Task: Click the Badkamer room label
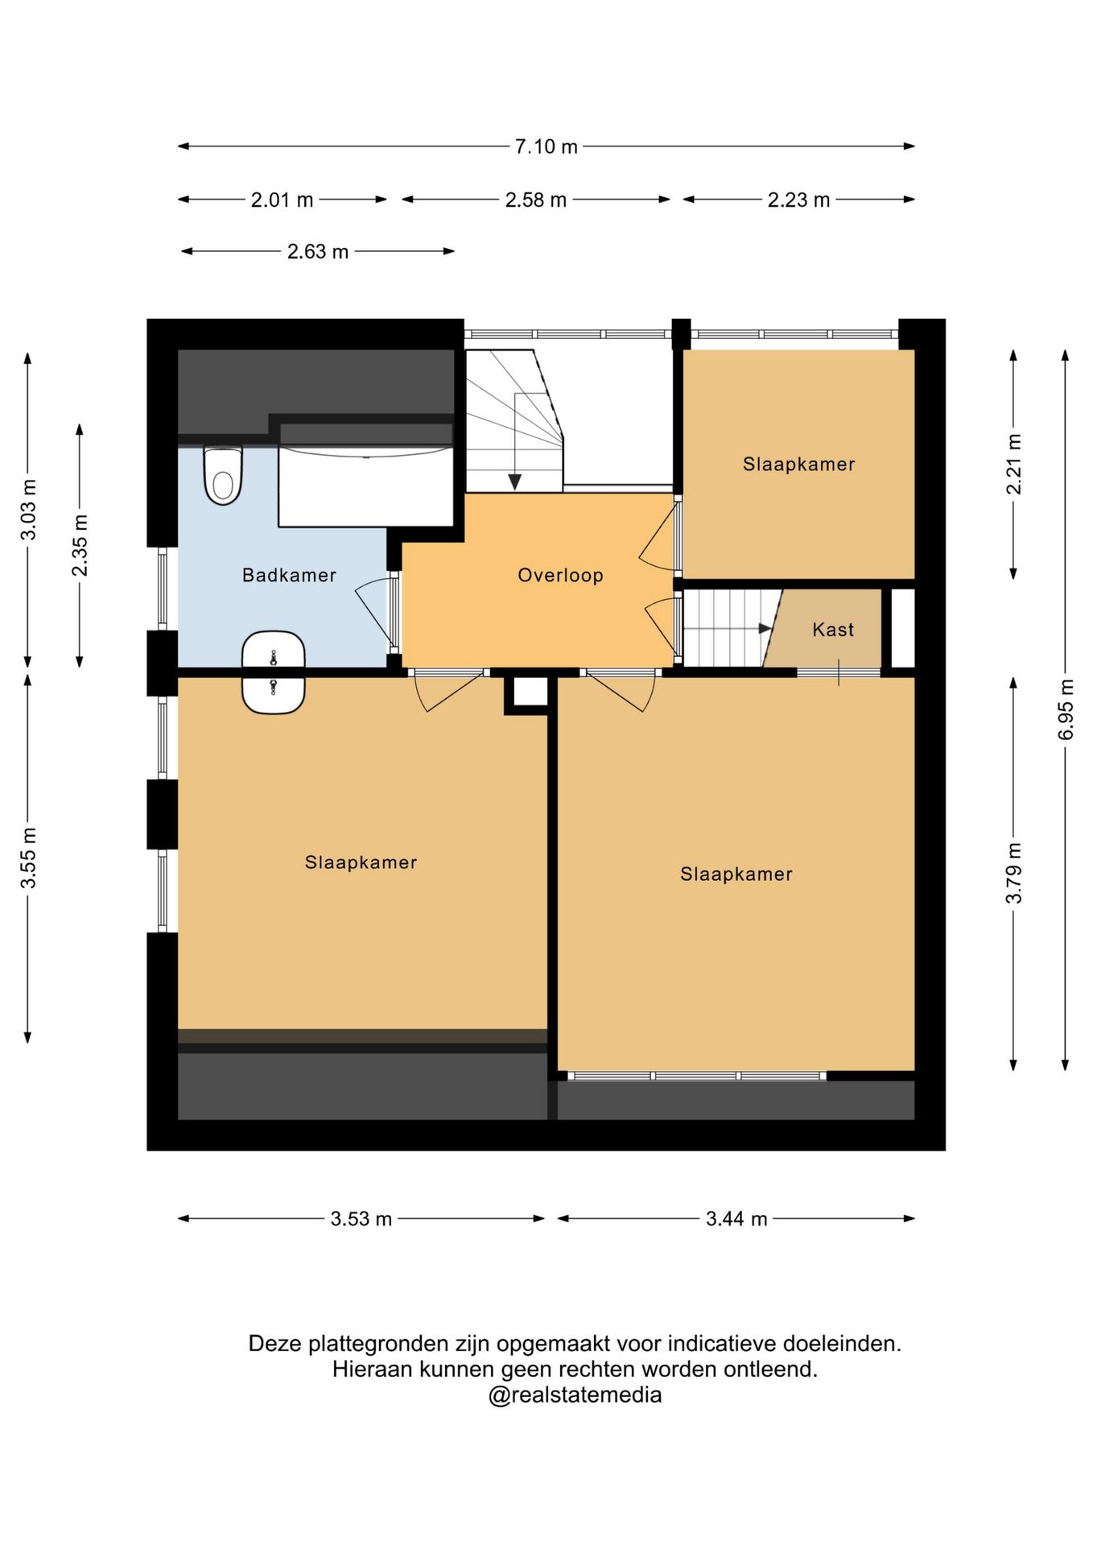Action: (x=289, y=575)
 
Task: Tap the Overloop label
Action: (x=560, y=575)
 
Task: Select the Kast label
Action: (x=833, y=630)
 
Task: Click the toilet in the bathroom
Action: (x=223, y=476)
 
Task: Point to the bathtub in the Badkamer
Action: (x=366, y=486)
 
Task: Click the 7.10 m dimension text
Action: (x=546, y=147)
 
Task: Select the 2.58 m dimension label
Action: (x=536, y=200)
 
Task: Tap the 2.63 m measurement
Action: (x=318, y=252)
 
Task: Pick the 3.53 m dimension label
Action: (x=361, y=1219)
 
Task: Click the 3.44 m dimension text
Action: (x=736, y=1219)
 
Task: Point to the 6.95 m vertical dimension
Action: (x=1066, y=709)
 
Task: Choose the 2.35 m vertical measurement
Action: (x=80, y=545)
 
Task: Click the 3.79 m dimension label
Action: (x=1013, y=874)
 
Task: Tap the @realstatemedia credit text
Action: (x=575, y=1395)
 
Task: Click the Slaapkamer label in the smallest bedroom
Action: (x=798, y=464)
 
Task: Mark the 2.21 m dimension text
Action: (x=1013, y=465)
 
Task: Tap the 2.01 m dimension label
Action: (x=282, y=200)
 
